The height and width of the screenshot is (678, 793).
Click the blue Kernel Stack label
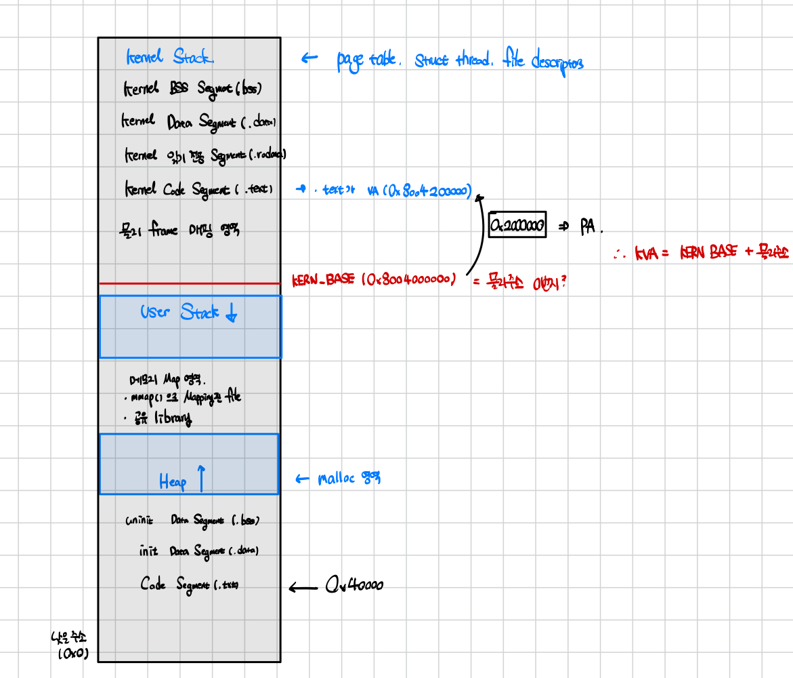pyautogui.click(x=170, y=57)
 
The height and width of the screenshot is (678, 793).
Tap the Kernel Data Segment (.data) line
pyautogui.click(x=198, y=122)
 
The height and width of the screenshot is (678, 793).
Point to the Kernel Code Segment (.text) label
pyautogui.click(x=198, y=189)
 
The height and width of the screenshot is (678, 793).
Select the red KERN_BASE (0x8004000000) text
pyautogui.click(x=373, y=279)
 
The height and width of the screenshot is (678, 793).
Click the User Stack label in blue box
pyautogui.click(x=179, y=313)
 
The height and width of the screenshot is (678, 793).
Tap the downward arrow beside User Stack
pyautogui.click(x=231, y=313)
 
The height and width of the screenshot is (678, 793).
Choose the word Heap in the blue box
pyautogui.click(x=173, y=481)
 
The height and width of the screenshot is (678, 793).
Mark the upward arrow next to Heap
pyautogui.click(x=201, y=477)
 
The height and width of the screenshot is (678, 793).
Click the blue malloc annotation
pyautogui.click(x=349, y=479)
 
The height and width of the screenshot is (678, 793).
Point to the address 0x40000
pyautogui.click(x=353, y=585)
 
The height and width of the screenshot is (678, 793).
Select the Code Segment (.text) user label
pyautogui.click(x=189, y=584)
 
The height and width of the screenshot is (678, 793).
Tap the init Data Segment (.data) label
pyautogui.click(x=198, y=551)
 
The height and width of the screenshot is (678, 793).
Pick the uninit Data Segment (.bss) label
pyautogui.click(x=192, y=521)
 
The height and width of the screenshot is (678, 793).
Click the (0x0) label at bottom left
pyautogui.click(x=72, y=654)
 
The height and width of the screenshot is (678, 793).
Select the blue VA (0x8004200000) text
pyautogui.click(x=419, y=192)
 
